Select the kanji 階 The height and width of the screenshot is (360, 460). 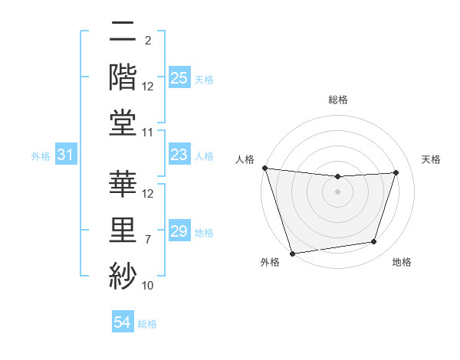(x=123, y=75)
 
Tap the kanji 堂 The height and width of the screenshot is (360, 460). (x=123, y=120)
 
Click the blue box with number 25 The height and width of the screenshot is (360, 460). (x=179, y=77)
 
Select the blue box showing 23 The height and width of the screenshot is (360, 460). (x=179, y=155)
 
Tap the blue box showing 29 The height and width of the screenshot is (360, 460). (x=179, y=231)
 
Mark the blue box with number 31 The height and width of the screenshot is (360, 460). (x=66, y=155)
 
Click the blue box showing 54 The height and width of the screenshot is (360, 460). (x=123, y=322)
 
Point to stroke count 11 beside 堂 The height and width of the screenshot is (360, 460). (x=148, y=133)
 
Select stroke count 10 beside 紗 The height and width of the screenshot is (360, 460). (x=148, y=286)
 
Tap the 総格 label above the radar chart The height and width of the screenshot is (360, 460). (x=337, y=100)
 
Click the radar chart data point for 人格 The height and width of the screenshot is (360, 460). (x=264, y=168)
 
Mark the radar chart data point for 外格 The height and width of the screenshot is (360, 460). (x=292, y=253)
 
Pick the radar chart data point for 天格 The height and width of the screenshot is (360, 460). (x=396, y=172)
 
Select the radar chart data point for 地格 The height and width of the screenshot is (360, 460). (x=374, y=242)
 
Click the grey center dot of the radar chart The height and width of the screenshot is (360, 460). (x=337, y=191)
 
